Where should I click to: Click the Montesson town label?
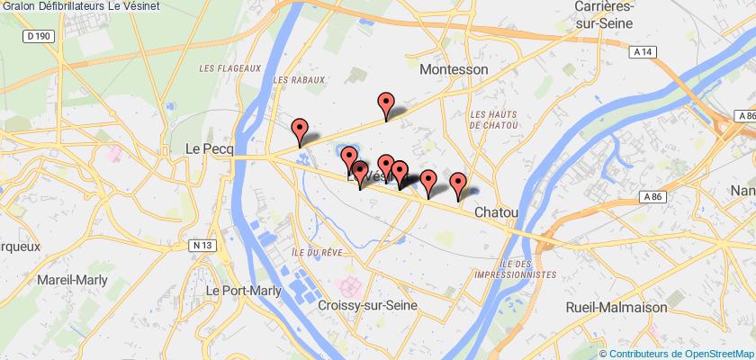tap(454, 69)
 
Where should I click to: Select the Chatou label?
tap(495, 212)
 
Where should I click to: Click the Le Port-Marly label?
tap(244, 291)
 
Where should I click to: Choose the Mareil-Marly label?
tap(71, 280)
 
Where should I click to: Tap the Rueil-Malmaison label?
tap(616, 307)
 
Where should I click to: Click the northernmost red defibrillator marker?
tap(387, 105)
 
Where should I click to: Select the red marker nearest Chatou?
tap(458, 184)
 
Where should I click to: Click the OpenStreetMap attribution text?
tap(679, 353)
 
